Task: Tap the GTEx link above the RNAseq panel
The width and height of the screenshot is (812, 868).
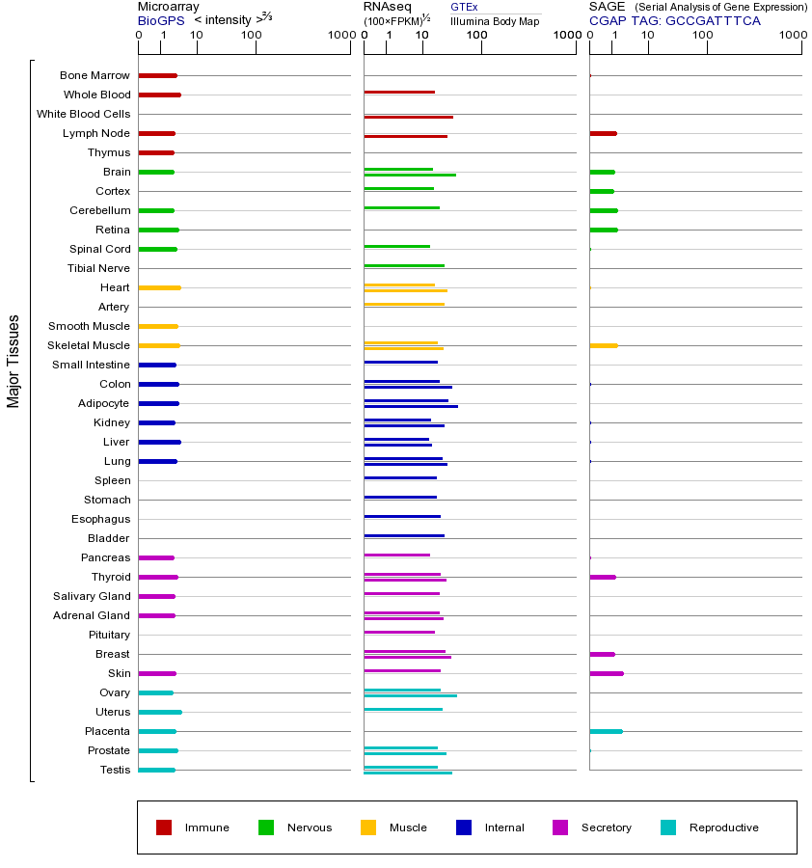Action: click(x=464, y=7)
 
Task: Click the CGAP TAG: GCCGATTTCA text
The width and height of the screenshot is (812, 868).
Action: click(x=674, y=20)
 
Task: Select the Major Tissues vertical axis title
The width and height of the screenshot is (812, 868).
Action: click(x=14, y=361)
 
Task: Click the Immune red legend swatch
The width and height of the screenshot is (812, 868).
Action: click(x=164, y=827)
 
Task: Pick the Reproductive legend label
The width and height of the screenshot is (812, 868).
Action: click(x=723, y=827)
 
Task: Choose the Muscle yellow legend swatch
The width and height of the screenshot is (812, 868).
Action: click(x=368, y=827)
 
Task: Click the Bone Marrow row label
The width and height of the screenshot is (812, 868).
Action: click(x=95, y=75)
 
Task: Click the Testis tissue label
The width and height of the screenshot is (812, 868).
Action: click(x=115, y=770)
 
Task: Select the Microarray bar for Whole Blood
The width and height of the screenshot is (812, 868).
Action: click(x=159, y=95)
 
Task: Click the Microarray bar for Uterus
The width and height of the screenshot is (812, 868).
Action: click(x=159, y=712)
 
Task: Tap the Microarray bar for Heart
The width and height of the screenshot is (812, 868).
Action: click(x=159, y=287)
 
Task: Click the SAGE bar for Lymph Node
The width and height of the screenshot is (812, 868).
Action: click(x=603, y=133)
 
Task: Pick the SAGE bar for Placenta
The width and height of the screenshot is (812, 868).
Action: click(x=606, y=731)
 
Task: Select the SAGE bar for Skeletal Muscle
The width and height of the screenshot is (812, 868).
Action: click(x=603, y=345)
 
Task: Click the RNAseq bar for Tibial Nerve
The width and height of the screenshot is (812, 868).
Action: click(x=404, y=265)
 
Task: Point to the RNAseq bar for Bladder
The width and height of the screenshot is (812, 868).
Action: click(x=404, y=535)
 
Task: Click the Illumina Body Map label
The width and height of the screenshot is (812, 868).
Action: click(x=495, y=20)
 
